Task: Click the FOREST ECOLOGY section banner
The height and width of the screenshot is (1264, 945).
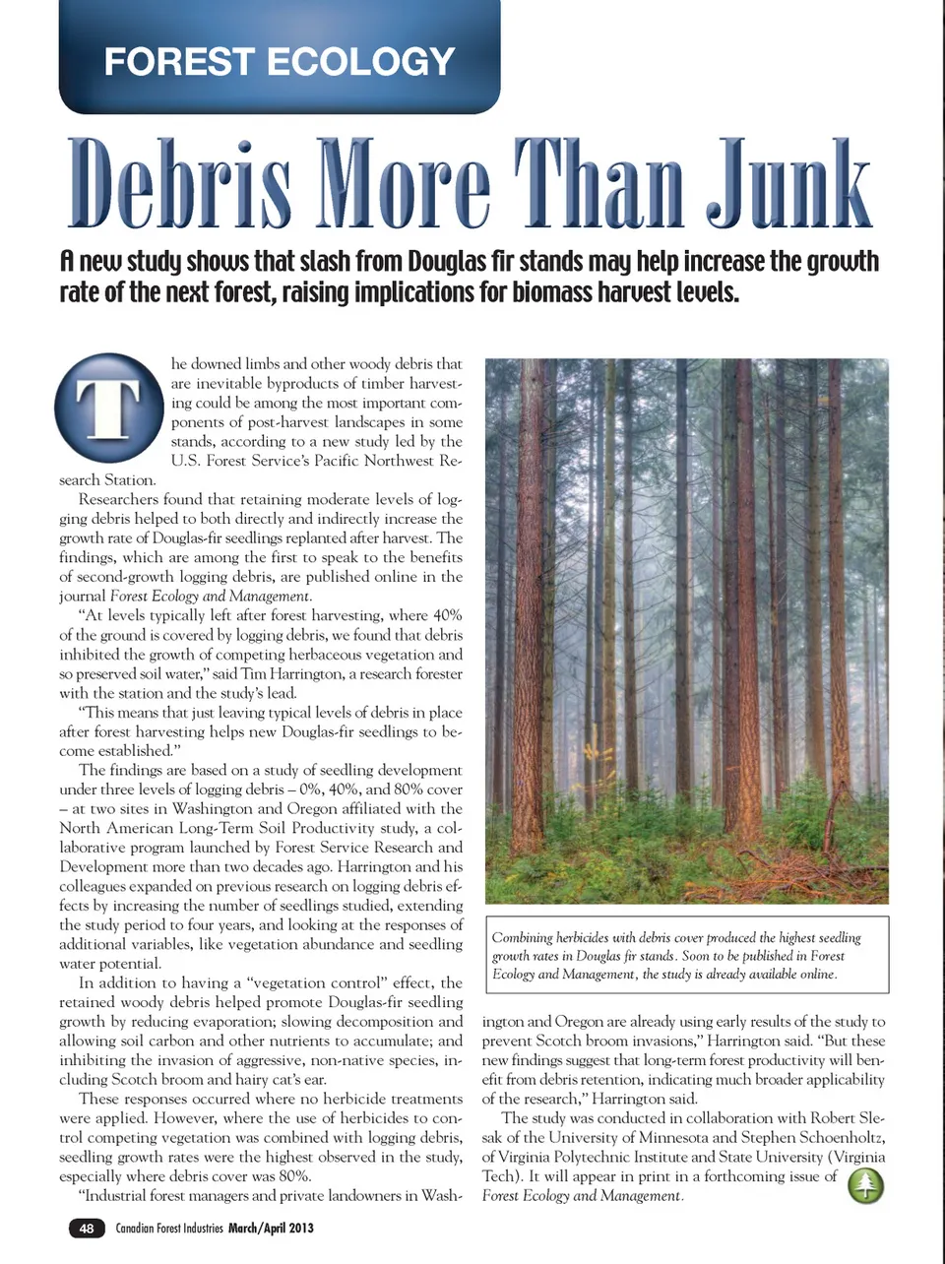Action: (x=280, y=62)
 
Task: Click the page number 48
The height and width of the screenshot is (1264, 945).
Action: (x=87, y=1228)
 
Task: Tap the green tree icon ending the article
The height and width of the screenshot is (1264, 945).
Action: (x=865, y=1185)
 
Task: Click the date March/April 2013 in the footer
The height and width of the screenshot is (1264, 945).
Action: (x=271, y=1228)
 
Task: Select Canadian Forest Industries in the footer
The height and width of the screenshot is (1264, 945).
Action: (x=169, y=1228)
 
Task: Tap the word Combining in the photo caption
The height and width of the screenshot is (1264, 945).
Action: (x=525, y=937)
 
